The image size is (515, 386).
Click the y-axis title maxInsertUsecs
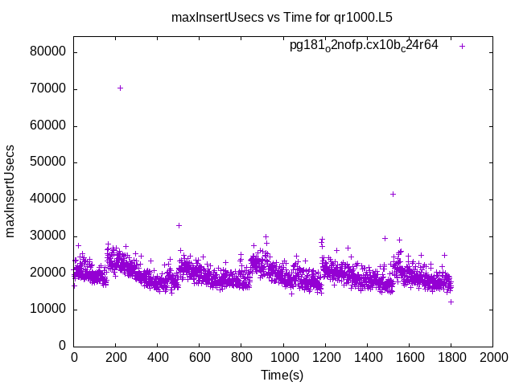pyautogui.click(x=10, y=191)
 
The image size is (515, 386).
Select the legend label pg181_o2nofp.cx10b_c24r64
pyautogui.click(x=364, y=46)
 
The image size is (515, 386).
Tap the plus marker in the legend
pyautogui.click(x=462, y=46)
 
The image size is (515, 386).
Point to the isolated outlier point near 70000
pyautogui.click(x=120, y=88)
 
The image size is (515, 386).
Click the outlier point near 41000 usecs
pyautogui.click(x=393, y=194)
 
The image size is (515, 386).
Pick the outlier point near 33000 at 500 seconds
pyautogui.click(x=179, y=225)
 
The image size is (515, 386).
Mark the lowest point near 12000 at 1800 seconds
pyautogui.click(x=451, y=302)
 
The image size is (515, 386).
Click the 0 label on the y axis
pyautogui.click(x=63, y=346)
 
